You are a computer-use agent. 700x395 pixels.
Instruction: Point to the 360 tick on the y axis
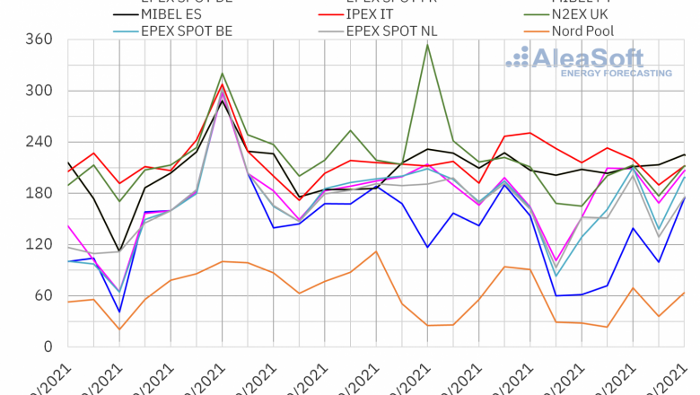(x=41, y=39)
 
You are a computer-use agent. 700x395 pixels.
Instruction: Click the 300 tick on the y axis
(x=41, y=91)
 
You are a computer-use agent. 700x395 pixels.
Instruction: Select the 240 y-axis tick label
(x=41, y=142)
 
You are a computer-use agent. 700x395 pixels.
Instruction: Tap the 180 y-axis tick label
(x=41, y=193)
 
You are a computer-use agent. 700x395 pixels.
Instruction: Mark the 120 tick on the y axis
(x=41, y=244)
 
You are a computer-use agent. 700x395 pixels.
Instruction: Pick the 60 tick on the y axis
(x=45, y=295)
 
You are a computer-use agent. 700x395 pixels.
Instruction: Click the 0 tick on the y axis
(x=49, y=347)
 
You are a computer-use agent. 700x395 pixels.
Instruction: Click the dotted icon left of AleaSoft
(x=518, y=57)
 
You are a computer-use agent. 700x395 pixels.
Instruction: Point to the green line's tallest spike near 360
(x=427, y=44)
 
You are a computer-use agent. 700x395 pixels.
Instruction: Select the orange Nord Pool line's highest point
(x=376, y=251)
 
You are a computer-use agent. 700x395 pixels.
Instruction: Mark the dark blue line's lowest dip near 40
(x=119, y=312)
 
